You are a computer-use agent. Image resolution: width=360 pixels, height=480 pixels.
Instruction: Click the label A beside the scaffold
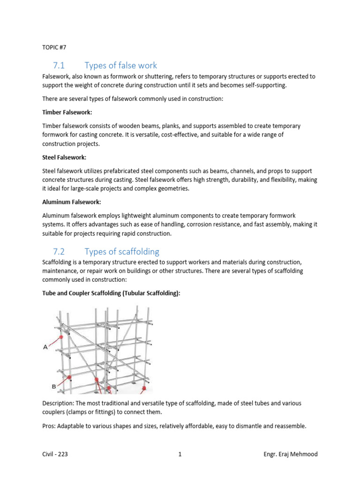click(x=45, y=347)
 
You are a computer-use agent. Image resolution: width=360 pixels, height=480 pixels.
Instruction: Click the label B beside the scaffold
click(x=53, y=386)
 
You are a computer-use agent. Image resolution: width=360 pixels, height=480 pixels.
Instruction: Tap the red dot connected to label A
click(x=61, y=337)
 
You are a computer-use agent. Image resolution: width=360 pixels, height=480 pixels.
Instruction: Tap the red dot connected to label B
click(x=69, y=377)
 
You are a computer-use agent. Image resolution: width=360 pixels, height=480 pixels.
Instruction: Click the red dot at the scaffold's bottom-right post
click(x=144, y=389)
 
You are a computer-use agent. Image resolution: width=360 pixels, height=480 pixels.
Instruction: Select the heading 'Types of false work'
click(x=120, y=65)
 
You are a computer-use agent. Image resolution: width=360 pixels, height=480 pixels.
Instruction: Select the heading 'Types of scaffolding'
click(x=122, y=252)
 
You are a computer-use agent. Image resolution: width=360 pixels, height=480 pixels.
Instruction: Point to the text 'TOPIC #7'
click(x=54, y=46)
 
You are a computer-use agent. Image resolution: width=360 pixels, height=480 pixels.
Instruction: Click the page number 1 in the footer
click(x=180, y=454)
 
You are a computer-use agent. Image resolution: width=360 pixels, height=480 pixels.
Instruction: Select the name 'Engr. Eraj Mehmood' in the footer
click(x=291, y=454)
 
